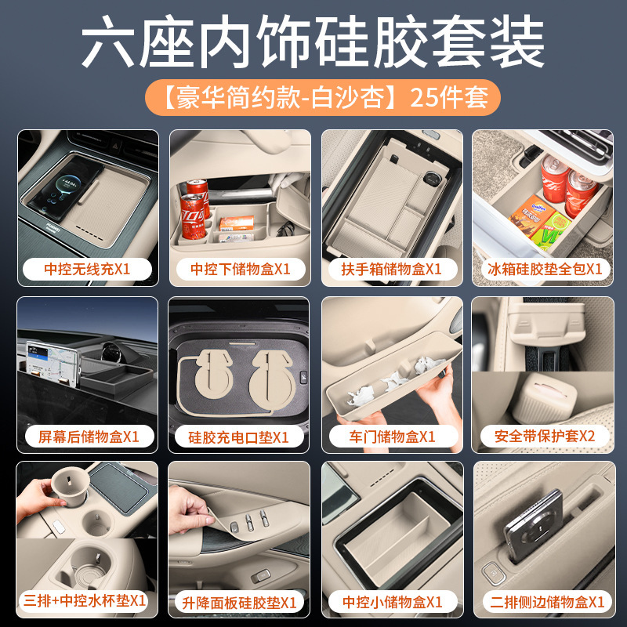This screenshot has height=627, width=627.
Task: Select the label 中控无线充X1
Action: pos(87,269)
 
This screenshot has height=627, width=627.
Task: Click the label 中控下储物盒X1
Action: pos(240,269)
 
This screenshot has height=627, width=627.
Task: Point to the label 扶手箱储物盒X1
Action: pos(391,269)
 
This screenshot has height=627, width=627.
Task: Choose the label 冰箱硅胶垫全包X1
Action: pos(545,269)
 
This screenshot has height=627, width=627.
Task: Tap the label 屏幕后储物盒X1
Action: pos(89,437)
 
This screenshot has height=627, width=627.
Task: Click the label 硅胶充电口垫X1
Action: pos(238,437)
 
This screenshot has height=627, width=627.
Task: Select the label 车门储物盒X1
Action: pos(392,437)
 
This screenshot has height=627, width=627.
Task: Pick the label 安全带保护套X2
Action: pos(545,436)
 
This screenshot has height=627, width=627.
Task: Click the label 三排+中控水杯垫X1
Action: pos(85,600)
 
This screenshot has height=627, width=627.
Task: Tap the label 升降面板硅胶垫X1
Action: pos(239,603)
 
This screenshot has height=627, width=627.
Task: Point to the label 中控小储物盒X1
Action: pos(393,602)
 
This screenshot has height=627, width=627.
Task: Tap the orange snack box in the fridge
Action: pos(531,216)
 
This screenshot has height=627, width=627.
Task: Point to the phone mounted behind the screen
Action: pos(52,364)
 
